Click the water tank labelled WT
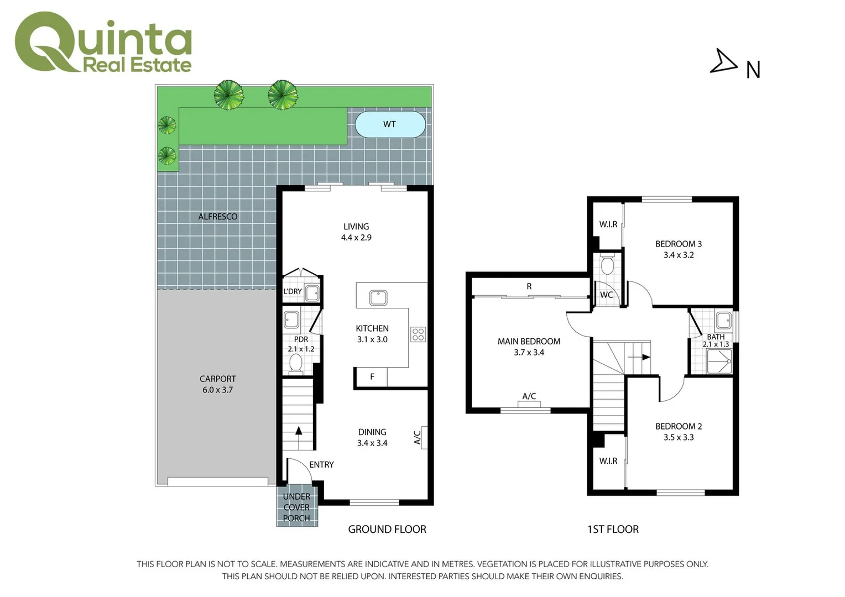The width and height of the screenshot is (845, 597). click(x=390, y=124)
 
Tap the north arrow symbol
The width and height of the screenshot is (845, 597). click(x=723, y=61)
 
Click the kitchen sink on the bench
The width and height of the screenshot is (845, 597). click(x=378, y=297)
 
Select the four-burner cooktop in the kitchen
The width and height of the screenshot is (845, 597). click(x=418, y=334)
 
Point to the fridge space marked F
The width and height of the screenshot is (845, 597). click(x=372, y=377)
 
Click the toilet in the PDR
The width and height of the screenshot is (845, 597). click(x=296, y=363)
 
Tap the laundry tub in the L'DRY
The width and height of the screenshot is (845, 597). click(x=312, y=293)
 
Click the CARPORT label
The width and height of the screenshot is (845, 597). click(x=218, y=379)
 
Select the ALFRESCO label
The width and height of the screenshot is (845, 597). click(x=218, y=217)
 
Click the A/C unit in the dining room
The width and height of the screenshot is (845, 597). click(x=424, y=437)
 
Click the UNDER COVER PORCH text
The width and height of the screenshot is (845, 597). click(x=296, y=507)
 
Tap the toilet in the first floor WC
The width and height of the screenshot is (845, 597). click(x=607, y=265)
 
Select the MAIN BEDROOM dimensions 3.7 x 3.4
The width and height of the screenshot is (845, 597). click(x=529, y=353)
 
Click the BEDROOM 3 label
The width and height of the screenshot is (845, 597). click(x=679, y=244)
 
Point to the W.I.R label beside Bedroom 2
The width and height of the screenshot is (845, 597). click(x=608, y=461)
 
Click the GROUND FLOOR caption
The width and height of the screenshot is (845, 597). click(x=387, y=530)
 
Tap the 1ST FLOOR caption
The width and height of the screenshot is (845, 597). click(x=613, y=530)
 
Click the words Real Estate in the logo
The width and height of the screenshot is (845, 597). click(x=137, y=65)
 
